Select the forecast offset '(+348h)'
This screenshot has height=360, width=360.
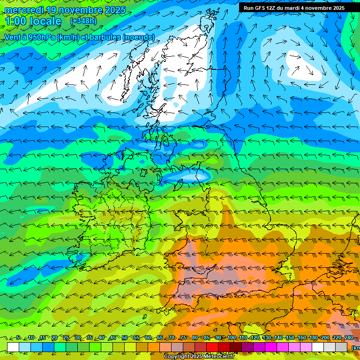pos(83,21)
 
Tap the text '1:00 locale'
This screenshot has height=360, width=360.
pos(33,22)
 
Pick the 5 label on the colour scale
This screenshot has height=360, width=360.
pos(18,338)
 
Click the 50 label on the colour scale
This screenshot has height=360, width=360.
pos(124,338)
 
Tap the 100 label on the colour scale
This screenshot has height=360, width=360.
pos(232,338)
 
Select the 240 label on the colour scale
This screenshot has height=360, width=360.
pos(348,338)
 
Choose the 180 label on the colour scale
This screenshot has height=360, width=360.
pos(313,338)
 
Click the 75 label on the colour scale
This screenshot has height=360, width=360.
pos(183,338)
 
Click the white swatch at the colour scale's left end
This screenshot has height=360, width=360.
pos(13,347)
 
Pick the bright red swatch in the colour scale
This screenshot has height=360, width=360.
pos(212,347)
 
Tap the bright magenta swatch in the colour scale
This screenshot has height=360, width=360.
pos(271,347)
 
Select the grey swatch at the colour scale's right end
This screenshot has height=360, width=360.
pos(341,347)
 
